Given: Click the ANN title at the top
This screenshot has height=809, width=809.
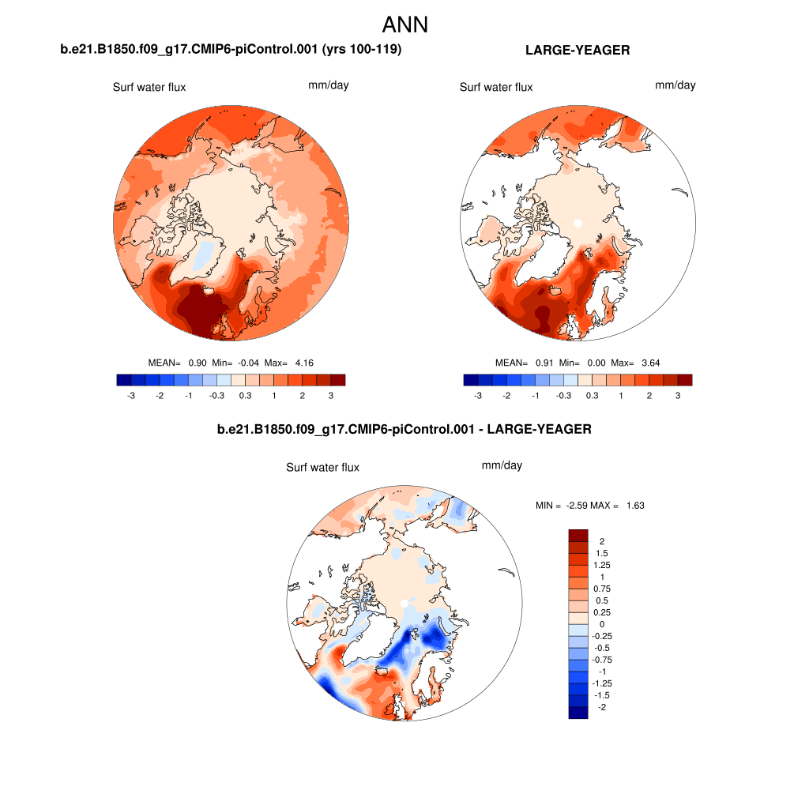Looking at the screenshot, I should [x=404, y=24].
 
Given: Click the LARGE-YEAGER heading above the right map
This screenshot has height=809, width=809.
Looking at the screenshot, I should [x=577, y=51].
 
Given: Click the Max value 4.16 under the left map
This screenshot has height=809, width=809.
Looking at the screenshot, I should [x=303, y=363].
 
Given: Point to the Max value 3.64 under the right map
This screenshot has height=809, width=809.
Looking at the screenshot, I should [x=650, y=363].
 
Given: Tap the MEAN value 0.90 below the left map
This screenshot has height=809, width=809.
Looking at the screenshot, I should [x=198, y=363].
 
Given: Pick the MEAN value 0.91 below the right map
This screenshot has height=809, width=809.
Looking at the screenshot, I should [x=544, y=363].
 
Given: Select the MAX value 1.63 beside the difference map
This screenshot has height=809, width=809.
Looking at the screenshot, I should [x=635, y=506].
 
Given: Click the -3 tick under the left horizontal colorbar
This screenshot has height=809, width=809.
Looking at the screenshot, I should [x=130, y=396].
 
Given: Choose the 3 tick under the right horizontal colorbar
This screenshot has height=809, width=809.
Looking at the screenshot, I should [x=678, y=396].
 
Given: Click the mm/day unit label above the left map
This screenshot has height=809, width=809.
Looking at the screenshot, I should [x=328, y=85].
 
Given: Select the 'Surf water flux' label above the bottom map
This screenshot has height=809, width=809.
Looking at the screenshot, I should [x=322, y=468].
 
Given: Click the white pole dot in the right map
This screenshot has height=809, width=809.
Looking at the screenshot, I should [x=578, y=224].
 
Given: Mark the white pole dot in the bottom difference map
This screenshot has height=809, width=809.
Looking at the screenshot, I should [x=404, y=604].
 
